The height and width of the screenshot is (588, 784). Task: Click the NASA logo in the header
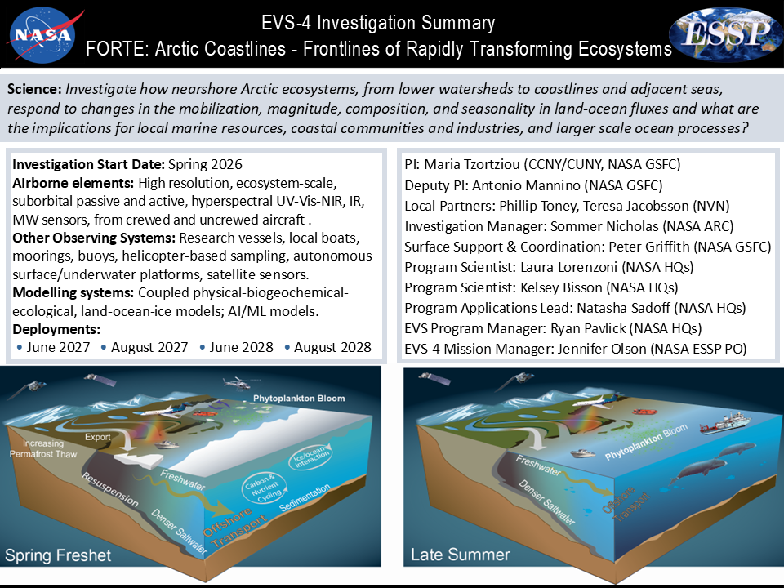[43, 34]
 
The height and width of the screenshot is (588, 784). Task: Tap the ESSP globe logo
[726, 34]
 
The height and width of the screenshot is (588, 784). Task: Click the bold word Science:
[34, 89]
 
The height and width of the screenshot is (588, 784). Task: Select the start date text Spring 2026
[205, 164]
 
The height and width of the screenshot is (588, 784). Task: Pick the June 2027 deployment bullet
[54, 347]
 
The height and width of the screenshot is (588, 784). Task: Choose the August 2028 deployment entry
[328, 347]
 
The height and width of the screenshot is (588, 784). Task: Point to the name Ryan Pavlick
[588, 328]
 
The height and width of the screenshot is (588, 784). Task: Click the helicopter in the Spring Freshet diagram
[238, 383]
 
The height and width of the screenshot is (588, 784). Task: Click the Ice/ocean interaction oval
[310, 457]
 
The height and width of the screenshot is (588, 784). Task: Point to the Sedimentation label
[305, 497]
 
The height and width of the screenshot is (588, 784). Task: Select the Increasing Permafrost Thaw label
[43, 448]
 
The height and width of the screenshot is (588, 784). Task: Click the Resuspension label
[110, 489]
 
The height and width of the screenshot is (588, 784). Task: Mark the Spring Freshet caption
[58, 555]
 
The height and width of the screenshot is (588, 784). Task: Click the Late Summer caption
[461, 554]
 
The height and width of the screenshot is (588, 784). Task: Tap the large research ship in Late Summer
[724, 422]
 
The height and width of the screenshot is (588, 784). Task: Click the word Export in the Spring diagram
[97, 436]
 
